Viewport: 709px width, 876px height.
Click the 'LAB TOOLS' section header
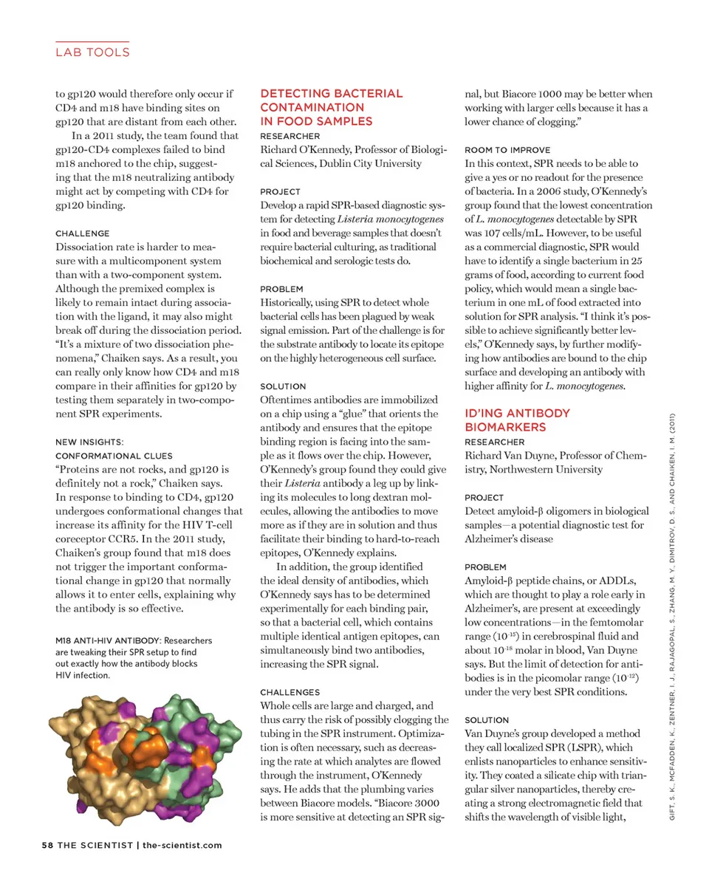coord(93,52)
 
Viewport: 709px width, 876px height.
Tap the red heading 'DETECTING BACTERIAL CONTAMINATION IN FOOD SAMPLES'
coord(332,107)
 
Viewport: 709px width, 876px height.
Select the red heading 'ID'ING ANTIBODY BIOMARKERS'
coord(517,420)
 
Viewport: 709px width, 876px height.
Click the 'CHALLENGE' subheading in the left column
coord(83,233)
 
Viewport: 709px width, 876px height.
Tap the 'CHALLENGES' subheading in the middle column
coord(290,692)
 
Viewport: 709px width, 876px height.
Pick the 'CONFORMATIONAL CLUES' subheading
coord(114,456)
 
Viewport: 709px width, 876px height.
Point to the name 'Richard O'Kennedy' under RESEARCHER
coord(307,149)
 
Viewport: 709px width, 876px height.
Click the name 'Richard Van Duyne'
coord(514,455)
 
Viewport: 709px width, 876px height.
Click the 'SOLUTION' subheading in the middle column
coord(283,386)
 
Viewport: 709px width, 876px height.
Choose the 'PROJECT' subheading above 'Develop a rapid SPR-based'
coord(281,191)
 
